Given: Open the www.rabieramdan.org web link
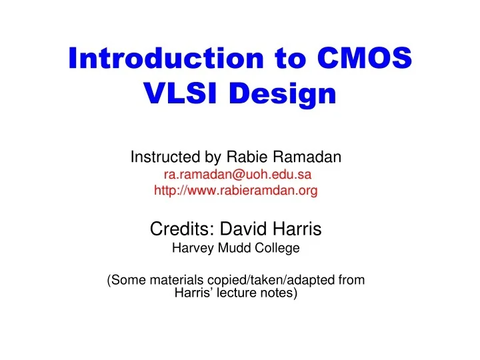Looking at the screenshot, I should click(x=236, y=191).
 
